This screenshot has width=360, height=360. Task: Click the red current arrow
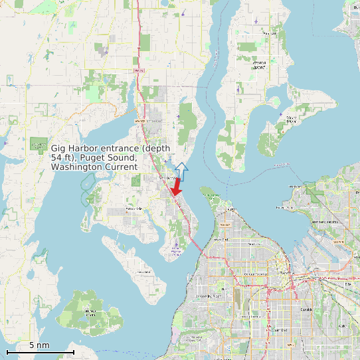tap(176, 188)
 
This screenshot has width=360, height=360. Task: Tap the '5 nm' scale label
tap(39, 345)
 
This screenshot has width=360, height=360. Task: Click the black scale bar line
tap(40, 351)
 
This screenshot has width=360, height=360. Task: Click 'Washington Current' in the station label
tap(94, 167)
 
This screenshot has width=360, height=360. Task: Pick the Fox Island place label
tap(143, 272)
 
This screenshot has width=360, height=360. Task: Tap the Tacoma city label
tap(287, 273)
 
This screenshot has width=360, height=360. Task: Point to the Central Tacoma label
tap(254, 274)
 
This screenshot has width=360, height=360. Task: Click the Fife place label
tap(347, 284)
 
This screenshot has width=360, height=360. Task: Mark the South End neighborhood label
tap(279, 329)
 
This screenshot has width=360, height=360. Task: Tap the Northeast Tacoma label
tap(325, 221)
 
